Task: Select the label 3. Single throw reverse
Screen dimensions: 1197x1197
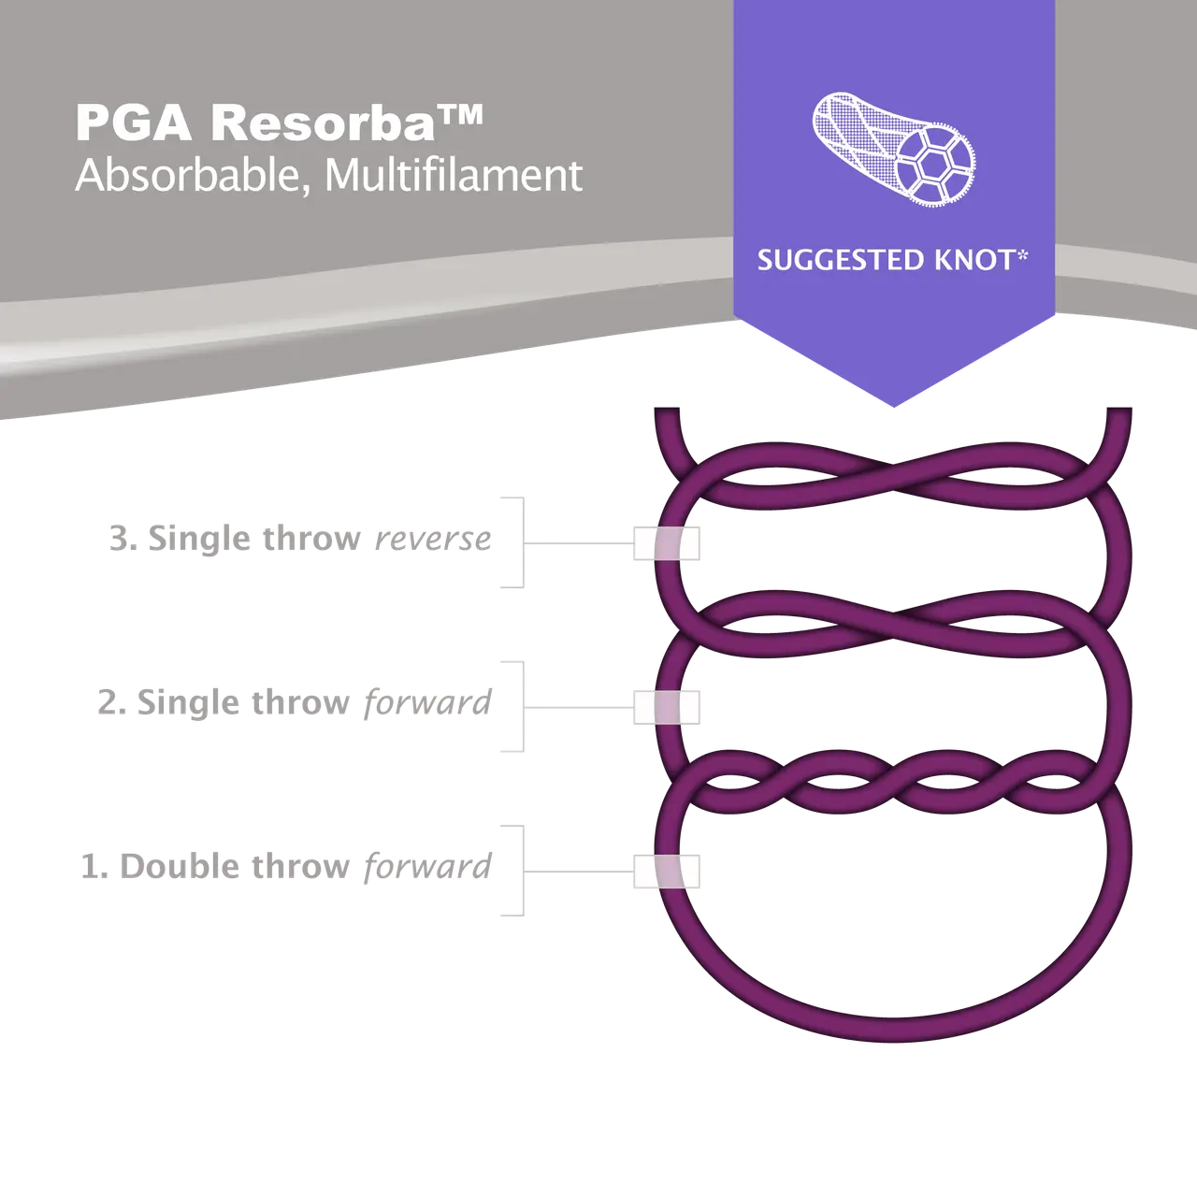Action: tap(299, 541)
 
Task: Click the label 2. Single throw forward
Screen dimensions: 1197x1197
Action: tap(292, 703)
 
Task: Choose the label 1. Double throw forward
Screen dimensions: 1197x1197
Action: tap(284, 867)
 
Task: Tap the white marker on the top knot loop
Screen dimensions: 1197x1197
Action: tap(666, 544)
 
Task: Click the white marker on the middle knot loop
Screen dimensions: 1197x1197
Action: tap(666, 707)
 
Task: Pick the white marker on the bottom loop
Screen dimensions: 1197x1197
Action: tap(666, 873)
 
